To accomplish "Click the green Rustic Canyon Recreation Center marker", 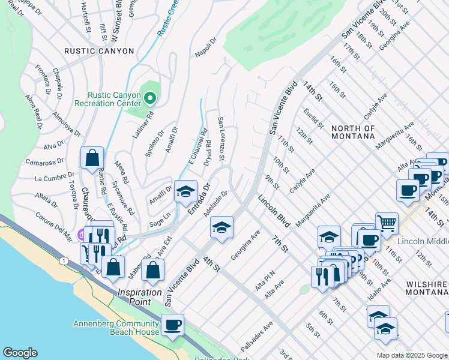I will click(x=149, y=97).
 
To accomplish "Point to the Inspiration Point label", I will click(x=139, y=297).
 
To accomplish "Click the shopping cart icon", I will click(x=387, y=224).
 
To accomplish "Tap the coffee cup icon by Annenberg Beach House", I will click(x=172, y=325).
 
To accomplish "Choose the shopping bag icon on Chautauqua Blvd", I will click(x=92, y=158).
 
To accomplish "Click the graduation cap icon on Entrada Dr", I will click(x=185, y=191).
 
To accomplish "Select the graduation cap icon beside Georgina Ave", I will click(x=221, y=227).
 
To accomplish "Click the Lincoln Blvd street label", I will click(x=274, y=211).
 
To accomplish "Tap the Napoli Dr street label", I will click(x=205, y=48).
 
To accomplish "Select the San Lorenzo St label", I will click(x=221, y=139).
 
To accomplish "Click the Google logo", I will click(x=20, y=353).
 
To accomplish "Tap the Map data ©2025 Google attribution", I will click(x=411, y=355).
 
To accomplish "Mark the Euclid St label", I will click(x=313, y=118).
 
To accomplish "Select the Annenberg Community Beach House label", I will click(x=116, y=328).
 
